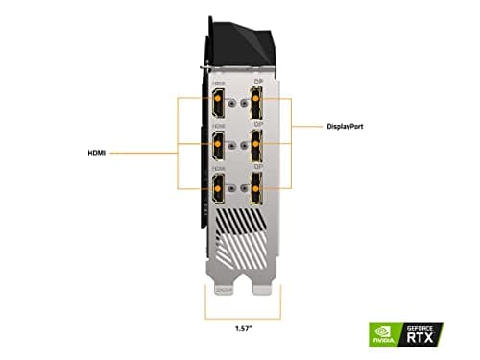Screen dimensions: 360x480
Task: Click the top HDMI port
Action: coord(220,100)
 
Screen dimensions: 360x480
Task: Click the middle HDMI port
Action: coord(220,145)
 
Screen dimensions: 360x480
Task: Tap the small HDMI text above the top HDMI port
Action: coord(219,80)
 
